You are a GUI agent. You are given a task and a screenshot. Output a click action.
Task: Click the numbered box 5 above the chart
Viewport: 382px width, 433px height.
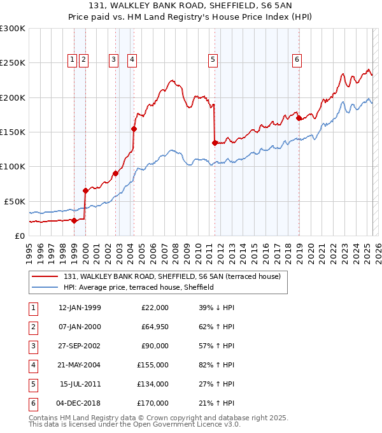coord(213,60)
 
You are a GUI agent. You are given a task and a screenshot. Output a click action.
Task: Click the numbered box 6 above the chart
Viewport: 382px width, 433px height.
coord(297,60)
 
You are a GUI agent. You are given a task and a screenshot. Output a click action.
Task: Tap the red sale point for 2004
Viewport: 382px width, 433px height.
coord(134,129)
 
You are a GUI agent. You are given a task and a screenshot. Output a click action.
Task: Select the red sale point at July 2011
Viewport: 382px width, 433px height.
coord(215,143)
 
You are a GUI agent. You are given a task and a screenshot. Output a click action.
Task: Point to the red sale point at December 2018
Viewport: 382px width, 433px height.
coord(299,118)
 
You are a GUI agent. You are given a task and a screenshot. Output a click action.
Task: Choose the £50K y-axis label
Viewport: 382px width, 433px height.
coord(15,201)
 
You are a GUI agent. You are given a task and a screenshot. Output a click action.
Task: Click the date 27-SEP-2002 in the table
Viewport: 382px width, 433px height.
coord(79,346)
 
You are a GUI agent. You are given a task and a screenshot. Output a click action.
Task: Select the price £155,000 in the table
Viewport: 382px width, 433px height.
coord(153,365)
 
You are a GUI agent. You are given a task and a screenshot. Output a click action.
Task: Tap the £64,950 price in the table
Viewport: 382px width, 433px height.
coord(155,327)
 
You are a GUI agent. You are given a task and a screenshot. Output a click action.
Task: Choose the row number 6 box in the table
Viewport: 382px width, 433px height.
coord(32,403)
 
